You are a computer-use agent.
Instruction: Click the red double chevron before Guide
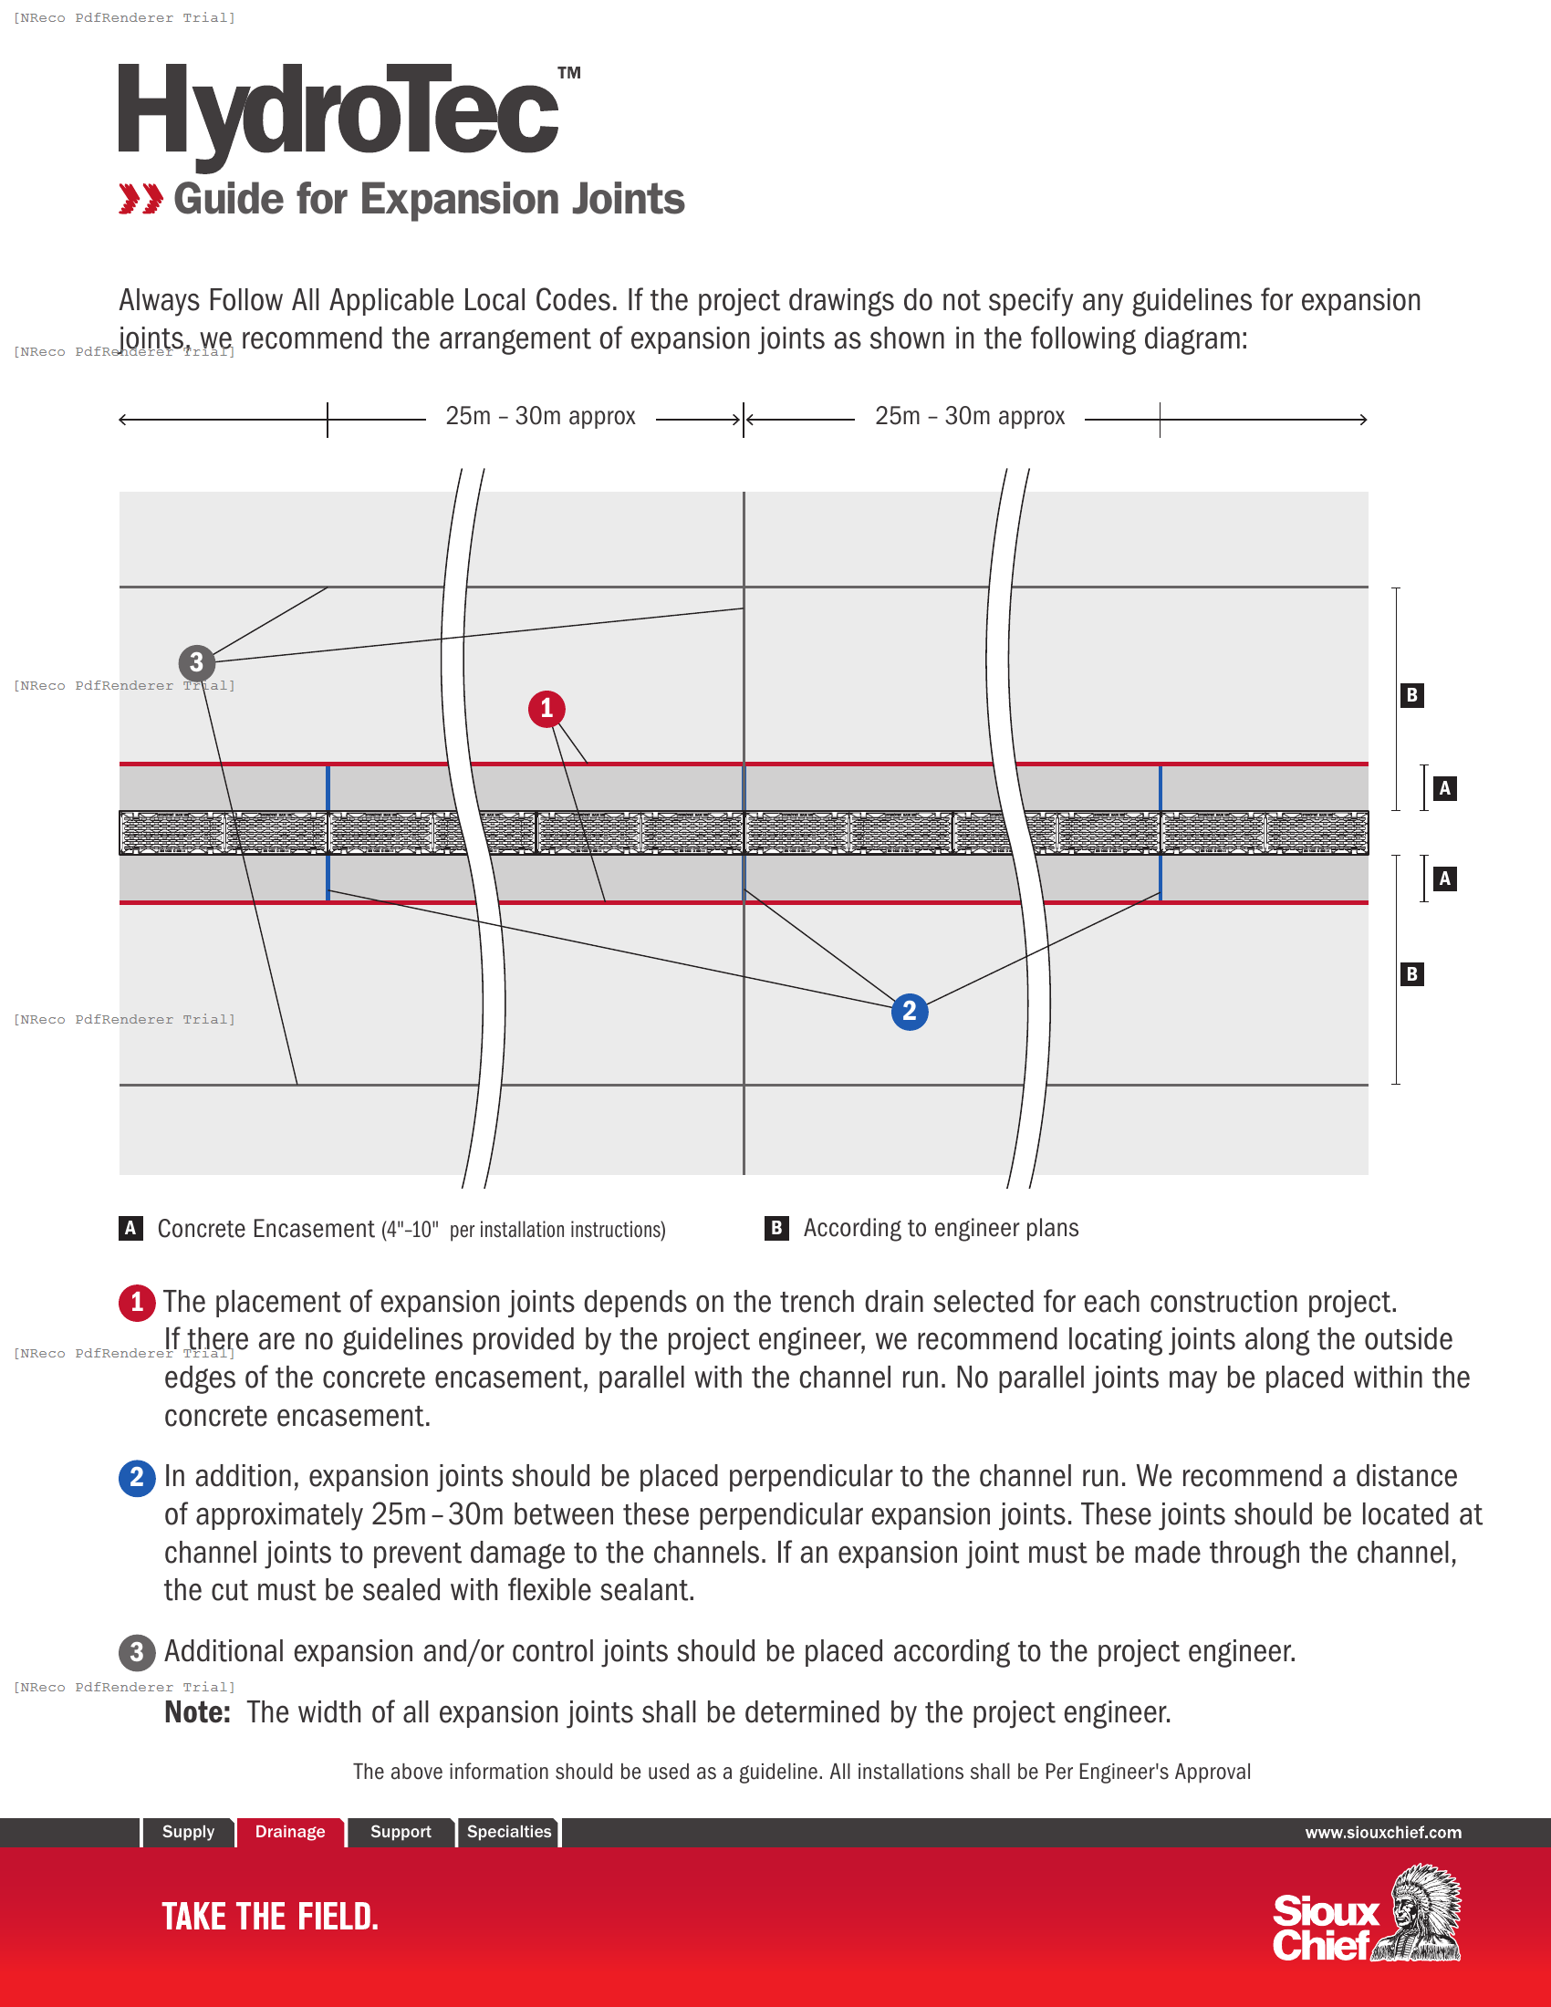point(141,199)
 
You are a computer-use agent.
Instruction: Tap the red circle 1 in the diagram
point(546,709)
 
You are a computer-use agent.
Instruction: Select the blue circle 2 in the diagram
point(909,1011)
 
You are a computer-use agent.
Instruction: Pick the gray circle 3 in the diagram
point(196,661)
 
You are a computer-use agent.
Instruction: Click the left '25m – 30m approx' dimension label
point(540,416)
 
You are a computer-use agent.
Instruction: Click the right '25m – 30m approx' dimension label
point(969,416)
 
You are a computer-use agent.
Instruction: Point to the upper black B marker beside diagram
point(1411,695)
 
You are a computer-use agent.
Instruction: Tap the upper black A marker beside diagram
point(1444,787)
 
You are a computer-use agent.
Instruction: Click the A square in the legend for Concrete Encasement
point(130,1228)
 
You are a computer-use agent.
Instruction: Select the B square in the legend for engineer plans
point(776,1228)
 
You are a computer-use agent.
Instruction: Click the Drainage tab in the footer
point(289,1832)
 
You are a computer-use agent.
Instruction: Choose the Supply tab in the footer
point(187,1832)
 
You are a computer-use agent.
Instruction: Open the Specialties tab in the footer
point(509,1832)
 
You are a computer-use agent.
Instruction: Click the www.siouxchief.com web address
point(1383,1833)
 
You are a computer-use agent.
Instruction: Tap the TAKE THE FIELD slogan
point(270,1917)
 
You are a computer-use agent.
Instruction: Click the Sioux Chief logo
point(1367,1916)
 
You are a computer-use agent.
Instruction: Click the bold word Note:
point(197,1712)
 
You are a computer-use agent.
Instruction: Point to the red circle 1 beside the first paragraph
point(137,1302)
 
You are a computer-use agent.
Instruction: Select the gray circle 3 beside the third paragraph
point(137,1651)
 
